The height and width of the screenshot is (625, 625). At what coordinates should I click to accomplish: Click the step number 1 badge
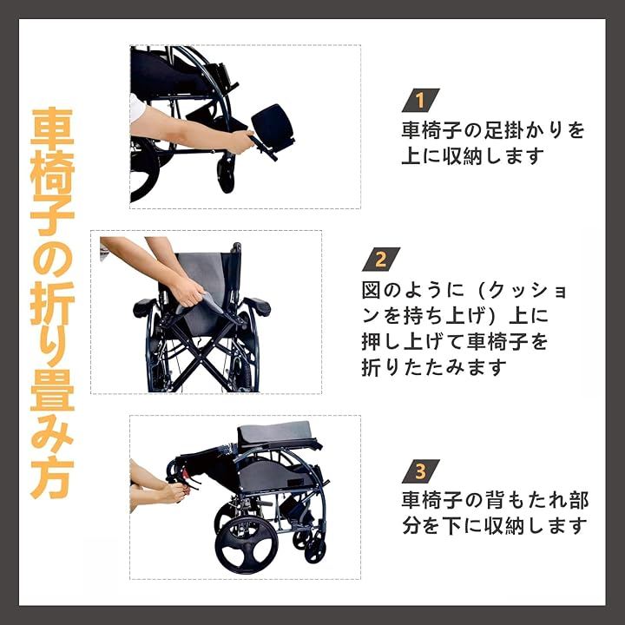(x=420, y=100)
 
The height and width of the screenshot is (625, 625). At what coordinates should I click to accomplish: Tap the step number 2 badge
(x=381, y=259)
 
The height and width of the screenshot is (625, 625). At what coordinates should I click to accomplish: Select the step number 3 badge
(x=420, y=471)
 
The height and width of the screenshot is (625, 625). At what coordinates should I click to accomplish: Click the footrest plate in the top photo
(x=273, y=127)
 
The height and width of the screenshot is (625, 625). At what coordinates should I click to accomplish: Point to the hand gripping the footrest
(x=240, y=141)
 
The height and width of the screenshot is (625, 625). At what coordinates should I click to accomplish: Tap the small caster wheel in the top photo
(x=226, y=175)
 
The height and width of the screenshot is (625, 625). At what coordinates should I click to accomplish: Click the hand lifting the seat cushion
(x=187, y=293)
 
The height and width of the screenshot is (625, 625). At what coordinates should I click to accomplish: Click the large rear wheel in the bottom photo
(x=247, y=546)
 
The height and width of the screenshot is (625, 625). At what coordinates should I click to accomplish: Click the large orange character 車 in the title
(x=52, y=127)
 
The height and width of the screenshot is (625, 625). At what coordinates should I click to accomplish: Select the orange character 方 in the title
(x=52, y=479)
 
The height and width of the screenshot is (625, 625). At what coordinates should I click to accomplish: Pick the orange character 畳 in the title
(x=52, y=391)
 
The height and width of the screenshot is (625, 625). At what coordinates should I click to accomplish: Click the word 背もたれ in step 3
(x=525, y=500)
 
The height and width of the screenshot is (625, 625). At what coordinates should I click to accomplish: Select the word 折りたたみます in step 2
(x=434, y=367)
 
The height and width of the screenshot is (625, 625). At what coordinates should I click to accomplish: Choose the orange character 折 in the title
(x=52, y=303)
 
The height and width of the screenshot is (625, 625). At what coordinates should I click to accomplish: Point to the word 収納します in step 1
(x=493, y=156)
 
